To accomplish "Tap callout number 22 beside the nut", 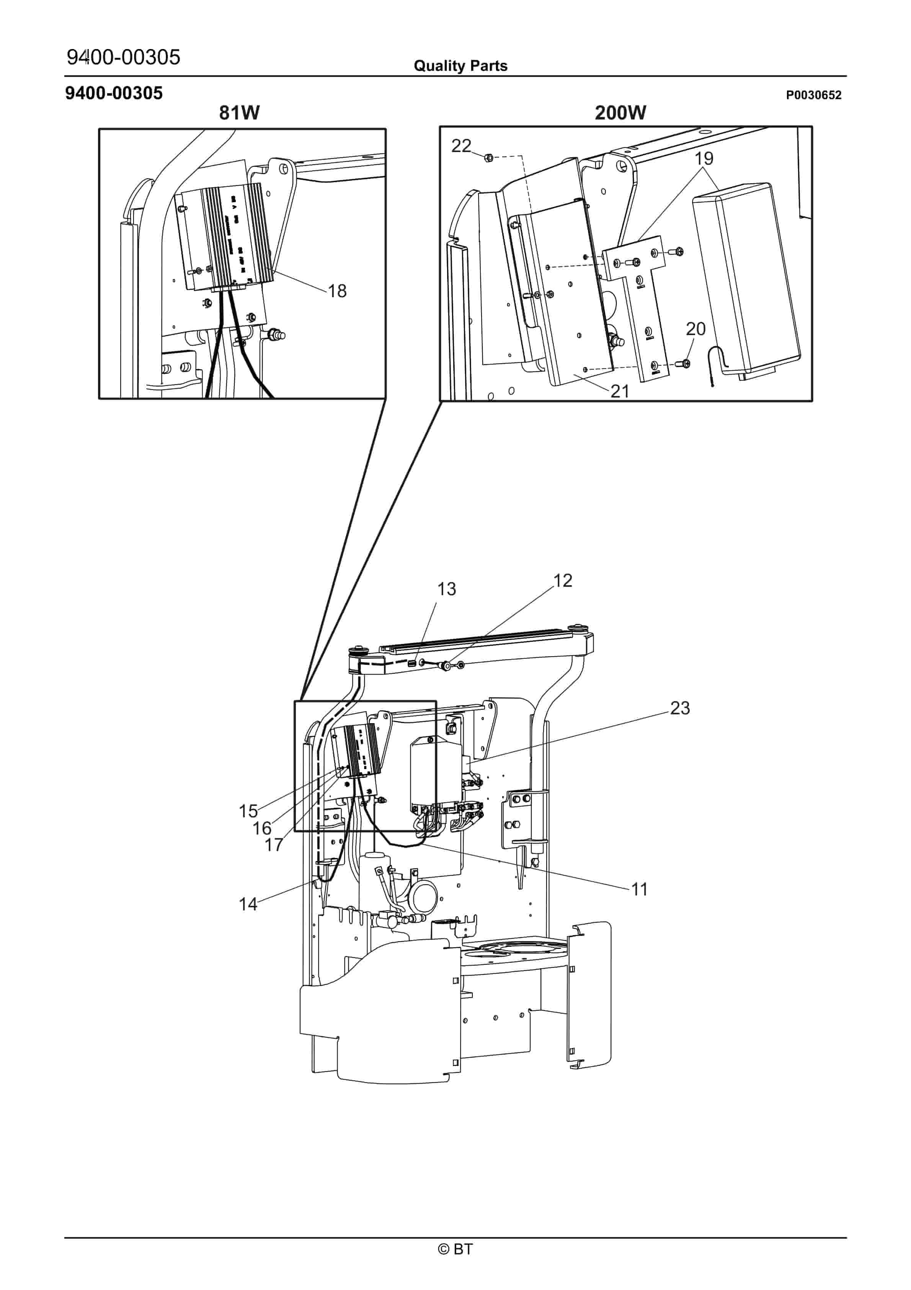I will coord(461,146).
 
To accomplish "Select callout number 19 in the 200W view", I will coord(704,159).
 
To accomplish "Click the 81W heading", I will coord(239,113).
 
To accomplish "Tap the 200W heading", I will coord(620,113).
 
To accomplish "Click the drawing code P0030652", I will coord(813,95).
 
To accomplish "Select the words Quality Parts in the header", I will coord(460,66).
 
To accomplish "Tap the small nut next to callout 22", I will coord(488,158).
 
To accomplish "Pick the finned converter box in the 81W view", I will coord(225,239).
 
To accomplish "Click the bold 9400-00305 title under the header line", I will coord(114,93).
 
